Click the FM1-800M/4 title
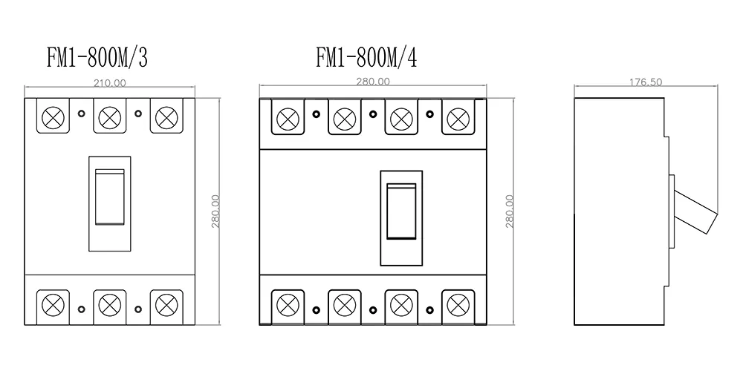(x=367, y=58)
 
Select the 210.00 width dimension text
(x=111, y=82)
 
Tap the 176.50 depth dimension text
(x=646, y=82)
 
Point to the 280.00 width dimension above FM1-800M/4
(x=372, y=82)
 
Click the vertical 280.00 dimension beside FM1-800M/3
(x=215, y=211)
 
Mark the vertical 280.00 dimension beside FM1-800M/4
(x=510, y=211)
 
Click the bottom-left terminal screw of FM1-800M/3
(x=53, y=304)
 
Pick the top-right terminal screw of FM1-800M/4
(x=458, y=117)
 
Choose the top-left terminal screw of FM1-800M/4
(x=288, y=117)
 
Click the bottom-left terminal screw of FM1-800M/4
(x=288, y=304)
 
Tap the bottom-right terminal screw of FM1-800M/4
(x=458, y=304)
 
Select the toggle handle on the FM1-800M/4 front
(x=401, y=210)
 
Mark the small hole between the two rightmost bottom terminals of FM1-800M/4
(x=429, y=309)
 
